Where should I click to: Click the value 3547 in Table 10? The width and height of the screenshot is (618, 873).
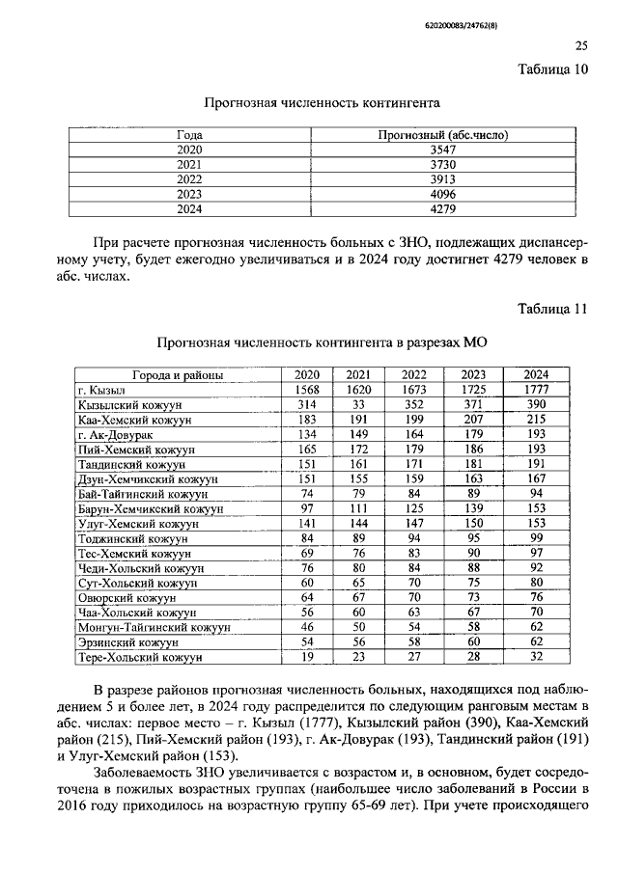click(x=441, y=150)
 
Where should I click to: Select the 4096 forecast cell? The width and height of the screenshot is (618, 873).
click(x=441, y=194)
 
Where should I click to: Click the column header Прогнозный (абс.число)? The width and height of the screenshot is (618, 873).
click(x=441, y=136)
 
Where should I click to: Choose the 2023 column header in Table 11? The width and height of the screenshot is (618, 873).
click(x=473, y=374)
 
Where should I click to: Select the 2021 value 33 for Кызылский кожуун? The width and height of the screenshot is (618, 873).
click(x=358, y=404)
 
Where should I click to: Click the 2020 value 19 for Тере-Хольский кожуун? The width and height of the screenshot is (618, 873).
click(x=307, y=658)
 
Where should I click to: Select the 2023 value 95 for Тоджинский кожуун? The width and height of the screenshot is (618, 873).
click(x=473, y=538)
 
